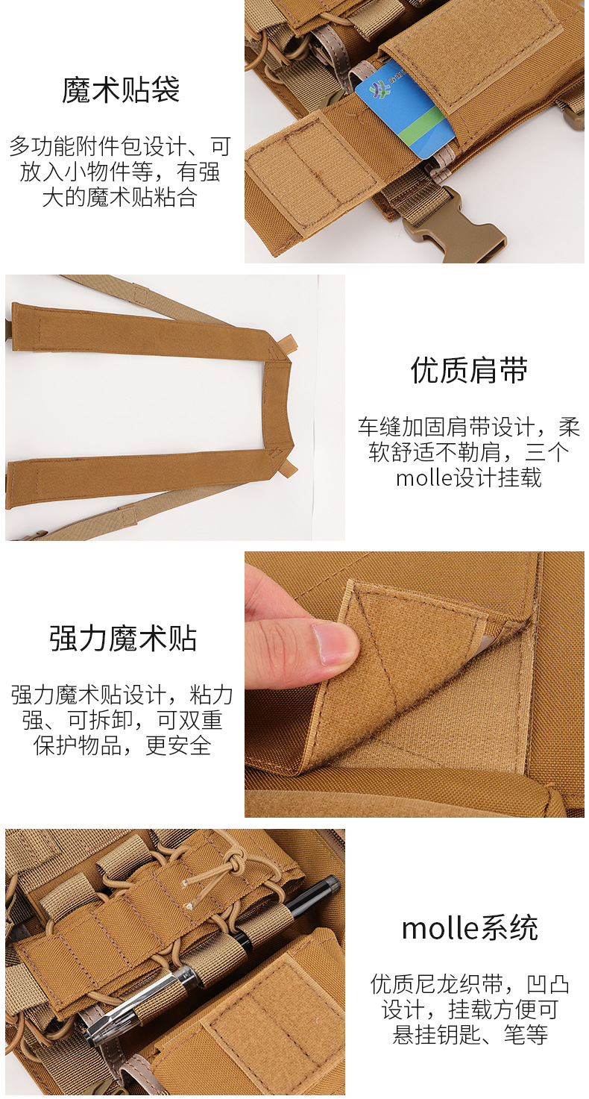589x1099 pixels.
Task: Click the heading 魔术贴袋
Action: click(121, 90)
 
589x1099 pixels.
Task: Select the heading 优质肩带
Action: click(469, 370)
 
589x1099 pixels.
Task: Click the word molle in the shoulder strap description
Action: click(425, 478)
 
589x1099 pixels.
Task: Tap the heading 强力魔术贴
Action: click(122, 639)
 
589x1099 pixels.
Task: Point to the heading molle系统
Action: click(470, 928)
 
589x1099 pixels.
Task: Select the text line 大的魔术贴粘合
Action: click(120, 197)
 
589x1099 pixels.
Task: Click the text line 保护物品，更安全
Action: click(122, 745)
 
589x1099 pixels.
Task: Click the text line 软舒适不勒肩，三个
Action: click(469, 452)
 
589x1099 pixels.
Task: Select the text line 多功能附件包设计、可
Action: click(121, 146)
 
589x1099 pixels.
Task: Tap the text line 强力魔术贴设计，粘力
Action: click(122, 695)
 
